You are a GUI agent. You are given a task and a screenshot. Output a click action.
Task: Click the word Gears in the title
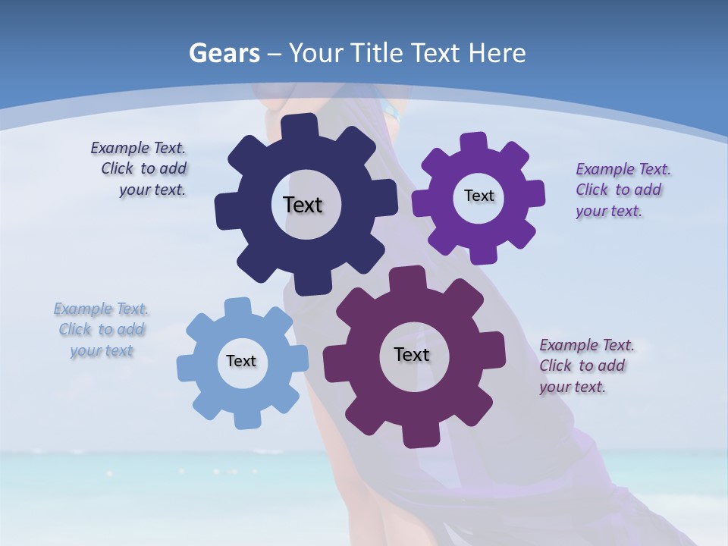pyautogui.click(x=224, y=53)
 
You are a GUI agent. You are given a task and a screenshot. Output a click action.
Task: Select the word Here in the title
pyautogui.click(x=497, y=53)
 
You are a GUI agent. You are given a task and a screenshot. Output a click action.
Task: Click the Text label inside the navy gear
pyautogui.click(x=303, y=205)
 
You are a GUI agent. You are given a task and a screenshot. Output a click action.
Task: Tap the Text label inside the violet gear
pyautogui.click(x=479, y=196)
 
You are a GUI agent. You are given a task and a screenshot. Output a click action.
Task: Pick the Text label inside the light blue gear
pyautogui.click(x=241, y=361)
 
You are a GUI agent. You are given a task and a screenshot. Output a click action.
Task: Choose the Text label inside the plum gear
pyautogui.click(x=412, y=354)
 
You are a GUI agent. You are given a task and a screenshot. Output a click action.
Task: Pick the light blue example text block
pyautogui.click(x=102, y=329)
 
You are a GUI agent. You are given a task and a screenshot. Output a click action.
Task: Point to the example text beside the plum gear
pyautogui.click(x=585, y=366)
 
